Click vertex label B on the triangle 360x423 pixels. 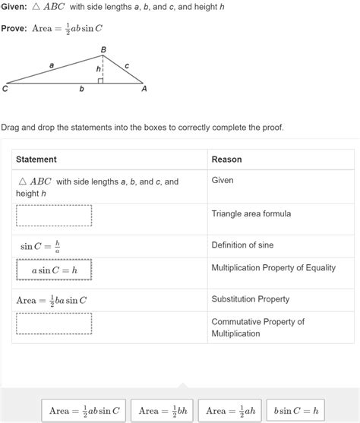pos(104,49)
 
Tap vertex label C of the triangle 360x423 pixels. pos(5,89)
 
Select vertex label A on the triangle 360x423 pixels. pos(144,89)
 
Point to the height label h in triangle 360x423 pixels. pos(98,69)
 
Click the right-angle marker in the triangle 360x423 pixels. pos(100,80)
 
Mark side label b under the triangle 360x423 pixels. pos(81,90)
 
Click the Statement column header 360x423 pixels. pos(36,159)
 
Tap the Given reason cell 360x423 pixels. pos(223,181)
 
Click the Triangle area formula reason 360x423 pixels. pos(251,214)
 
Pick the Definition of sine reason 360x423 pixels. pos(242,245)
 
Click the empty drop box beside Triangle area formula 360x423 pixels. pos(54,216)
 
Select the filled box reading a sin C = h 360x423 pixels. pos(54,270)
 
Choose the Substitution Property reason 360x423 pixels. pos(250,299)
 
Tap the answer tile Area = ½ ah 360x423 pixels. pos(229,411)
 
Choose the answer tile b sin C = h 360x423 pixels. pos(295,411)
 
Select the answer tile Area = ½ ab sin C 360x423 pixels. pos(84,411)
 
